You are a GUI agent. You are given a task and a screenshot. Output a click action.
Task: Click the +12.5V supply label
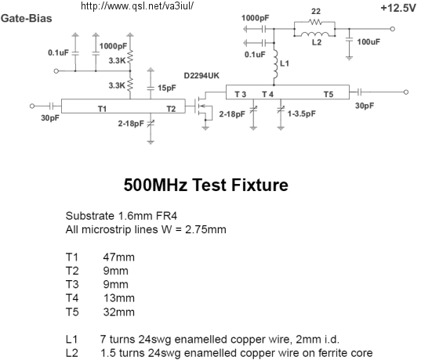[398, 9]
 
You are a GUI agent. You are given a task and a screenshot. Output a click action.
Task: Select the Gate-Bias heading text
[27, 19]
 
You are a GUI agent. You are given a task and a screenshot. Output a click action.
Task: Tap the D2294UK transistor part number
[201, 76]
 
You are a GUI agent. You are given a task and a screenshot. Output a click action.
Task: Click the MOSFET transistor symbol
[203, 107]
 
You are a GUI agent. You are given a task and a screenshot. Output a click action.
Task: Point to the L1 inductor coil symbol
[275, 63]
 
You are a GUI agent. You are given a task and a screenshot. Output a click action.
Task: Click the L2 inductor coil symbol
[314, 34]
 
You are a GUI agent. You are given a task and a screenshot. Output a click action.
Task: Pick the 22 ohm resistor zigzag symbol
[314, 21]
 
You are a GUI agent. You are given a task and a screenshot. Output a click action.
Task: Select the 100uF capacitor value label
[368, 41]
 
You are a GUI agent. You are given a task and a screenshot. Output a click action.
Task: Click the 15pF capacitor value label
[167, 88]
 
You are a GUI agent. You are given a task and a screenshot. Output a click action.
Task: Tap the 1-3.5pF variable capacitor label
[302, 114]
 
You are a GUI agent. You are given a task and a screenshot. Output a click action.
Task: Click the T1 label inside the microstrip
[102, 109]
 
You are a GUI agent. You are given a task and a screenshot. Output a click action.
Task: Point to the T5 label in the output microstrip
[328, 95]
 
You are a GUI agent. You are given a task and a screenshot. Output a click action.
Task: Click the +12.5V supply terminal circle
[392, 29]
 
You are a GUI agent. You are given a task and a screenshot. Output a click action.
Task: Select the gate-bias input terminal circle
[56, 71]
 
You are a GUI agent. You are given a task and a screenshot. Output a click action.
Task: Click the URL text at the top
[137, 6]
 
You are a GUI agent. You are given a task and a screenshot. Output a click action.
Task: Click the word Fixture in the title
[259, 185]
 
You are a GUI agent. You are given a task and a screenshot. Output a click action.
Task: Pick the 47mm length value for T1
[118, 257]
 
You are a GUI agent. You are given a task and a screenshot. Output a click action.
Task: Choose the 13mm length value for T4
[119, 298]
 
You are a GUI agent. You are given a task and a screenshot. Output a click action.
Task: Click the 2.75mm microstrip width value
[205, 230]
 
